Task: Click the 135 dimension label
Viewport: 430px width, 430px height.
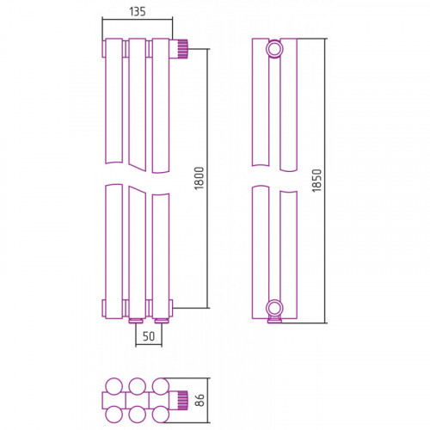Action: coord(138,11)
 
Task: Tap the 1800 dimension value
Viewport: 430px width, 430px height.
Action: coord(200,178)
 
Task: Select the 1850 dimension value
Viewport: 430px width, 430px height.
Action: coord(317,181)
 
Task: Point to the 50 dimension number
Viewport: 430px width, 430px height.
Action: coord(149,336)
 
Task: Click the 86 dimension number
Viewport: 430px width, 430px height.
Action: coord(200,400)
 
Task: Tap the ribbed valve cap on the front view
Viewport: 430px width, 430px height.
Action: coord(182,49)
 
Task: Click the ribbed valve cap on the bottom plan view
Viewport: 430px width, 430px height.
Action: coord(182,400)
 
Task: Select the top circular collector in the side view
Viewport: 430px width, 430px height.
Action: coord(274,49)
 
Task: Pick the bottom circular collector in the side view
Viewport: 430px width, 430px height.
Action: coord(274,309)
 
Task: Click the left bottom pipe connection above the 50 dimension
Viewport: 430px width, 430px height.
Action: coord(136,321)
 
